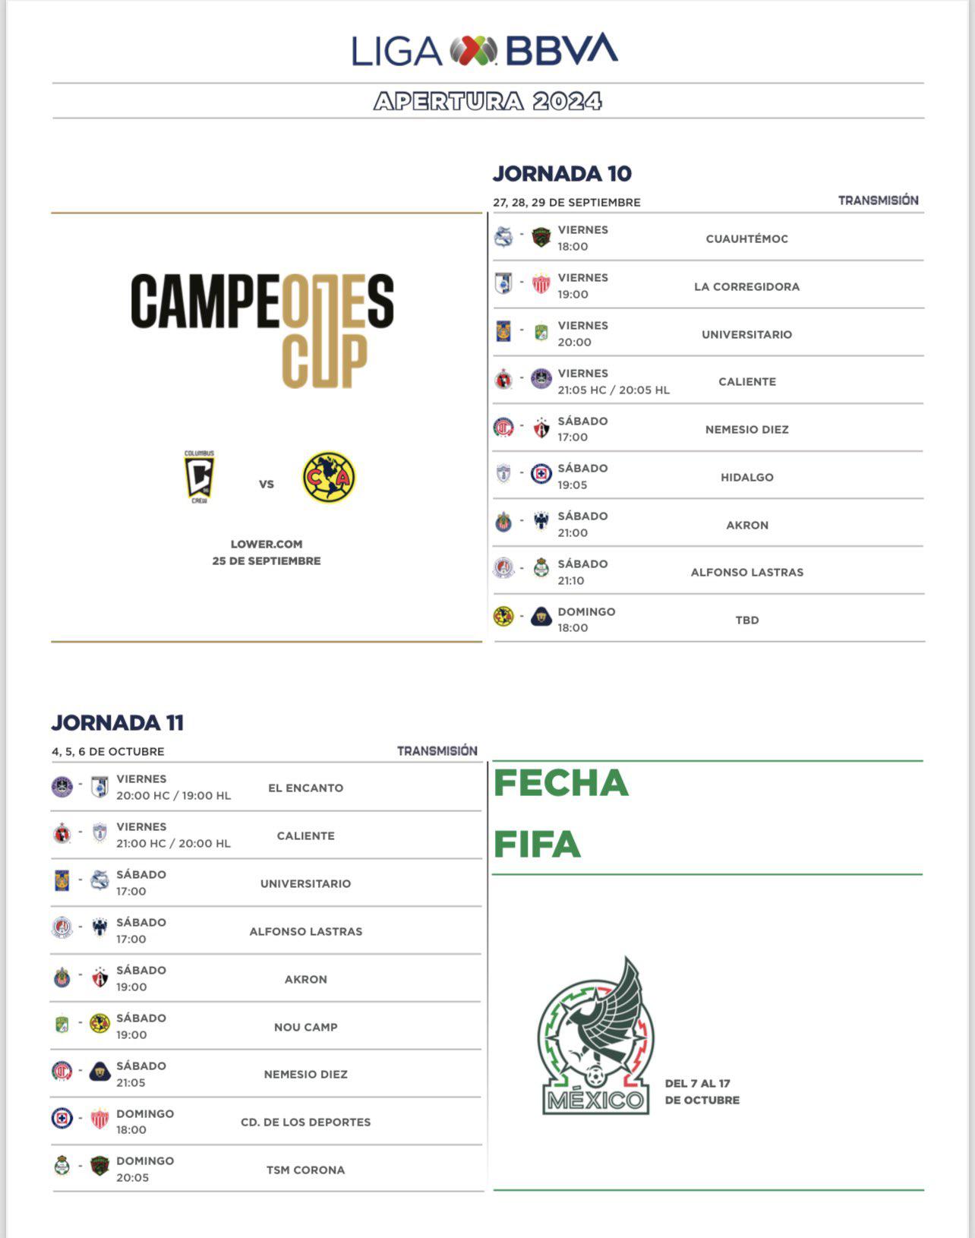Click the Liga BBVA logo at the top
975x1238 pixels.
485,50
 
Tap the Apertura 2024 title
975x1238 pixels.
487,101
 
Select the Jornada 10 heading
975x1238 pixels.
562,174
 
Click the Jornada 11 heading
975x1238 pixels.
118,722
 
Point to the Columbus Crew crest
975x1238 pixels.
200,478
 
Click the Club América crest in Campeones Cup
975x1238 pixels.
329,478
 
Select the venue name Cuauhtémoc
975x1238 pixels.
746,238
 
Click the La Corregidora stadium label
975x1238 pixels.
746,286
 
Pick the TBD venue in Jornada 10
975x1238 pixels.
746,620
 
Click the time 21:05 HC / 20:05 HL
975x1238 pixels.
614,390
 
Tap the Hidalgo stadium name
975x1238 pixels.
746,477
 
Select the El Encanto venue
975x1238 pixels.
305,788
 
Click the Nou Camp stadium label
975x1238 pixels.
305,1027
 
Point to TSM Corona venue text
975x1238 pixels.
305,1170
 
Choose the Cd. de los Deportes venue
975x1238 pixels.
305,1122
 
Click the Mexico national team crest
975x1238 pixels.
595,1037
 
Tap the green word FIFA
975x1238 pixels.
538,845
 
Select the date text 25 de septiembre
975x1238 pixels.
267,561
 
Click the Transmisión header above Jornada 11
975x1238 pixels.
437,750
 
